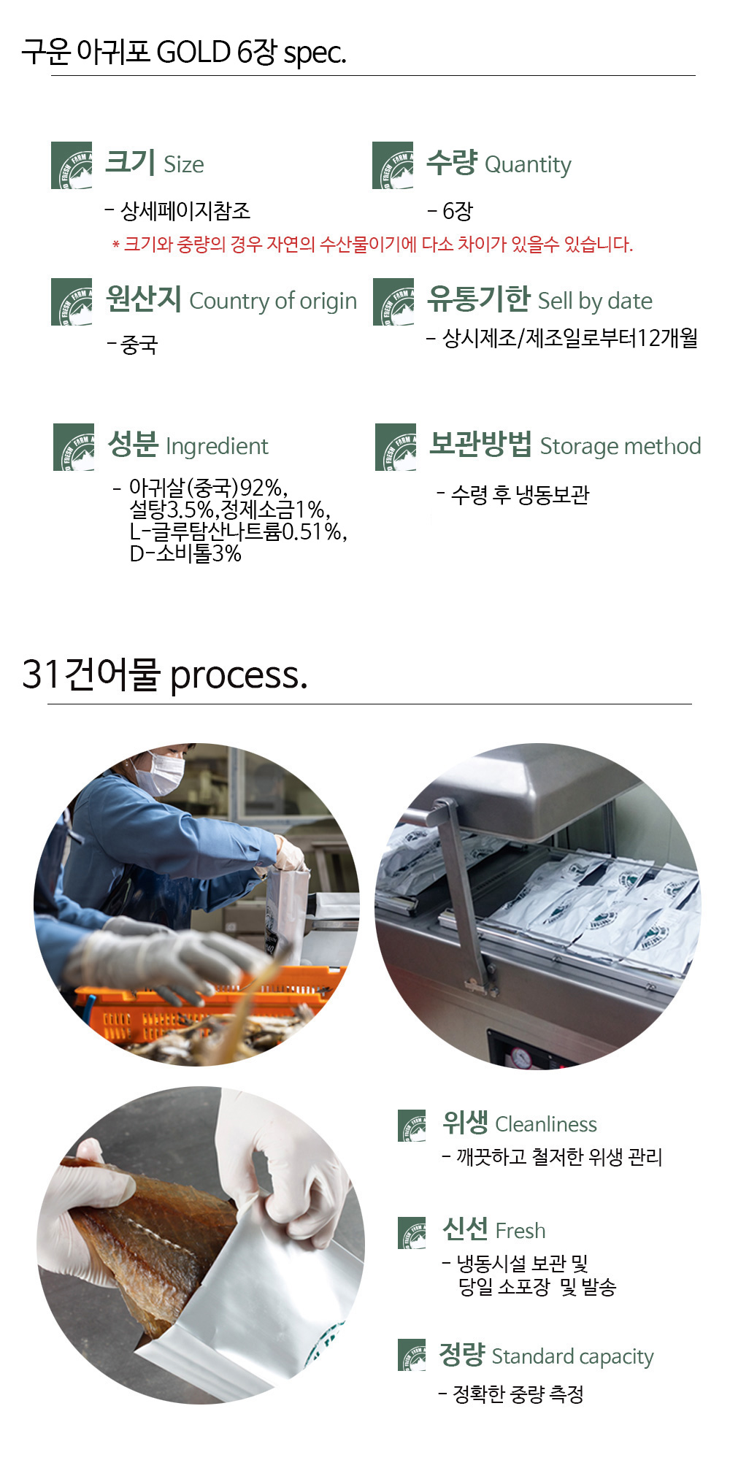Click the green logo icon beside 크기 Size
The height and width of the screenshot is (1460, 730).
[x=72, y=166]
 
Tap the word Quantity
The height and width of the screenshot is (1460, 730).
[x=528, y=166]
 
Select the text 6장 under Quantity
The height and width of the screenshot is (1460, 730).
[x=458, y=212]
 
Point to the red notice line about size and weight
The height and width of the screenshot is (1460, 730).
[x=372, y=245]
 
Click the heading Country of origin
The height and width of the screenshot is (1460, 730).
[x=273, y=301]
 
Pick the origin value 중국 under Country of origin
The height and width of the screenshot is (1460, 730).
[x=139, y=345]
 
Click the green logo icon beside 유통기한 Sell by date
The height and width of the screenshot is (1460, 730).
[x=393, y=301]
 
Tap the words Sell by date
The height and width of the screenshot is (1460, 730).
[x=595, y=301]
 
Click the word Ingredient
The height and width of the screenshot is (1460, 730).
[x=217, y=446]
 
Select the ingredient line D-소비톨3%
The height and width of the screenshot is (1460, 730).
[x=185, y=553]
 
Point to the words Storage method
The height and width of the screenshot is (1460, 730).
[x=620, y=446]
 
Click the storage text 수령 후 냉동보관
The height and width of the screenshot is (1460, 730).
[x=520, y=495]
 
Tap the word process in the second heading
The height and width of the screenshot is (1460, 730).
[x=239, y=676]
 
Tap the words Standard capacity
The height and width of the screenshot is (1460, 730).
[x=572, y=1357]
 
